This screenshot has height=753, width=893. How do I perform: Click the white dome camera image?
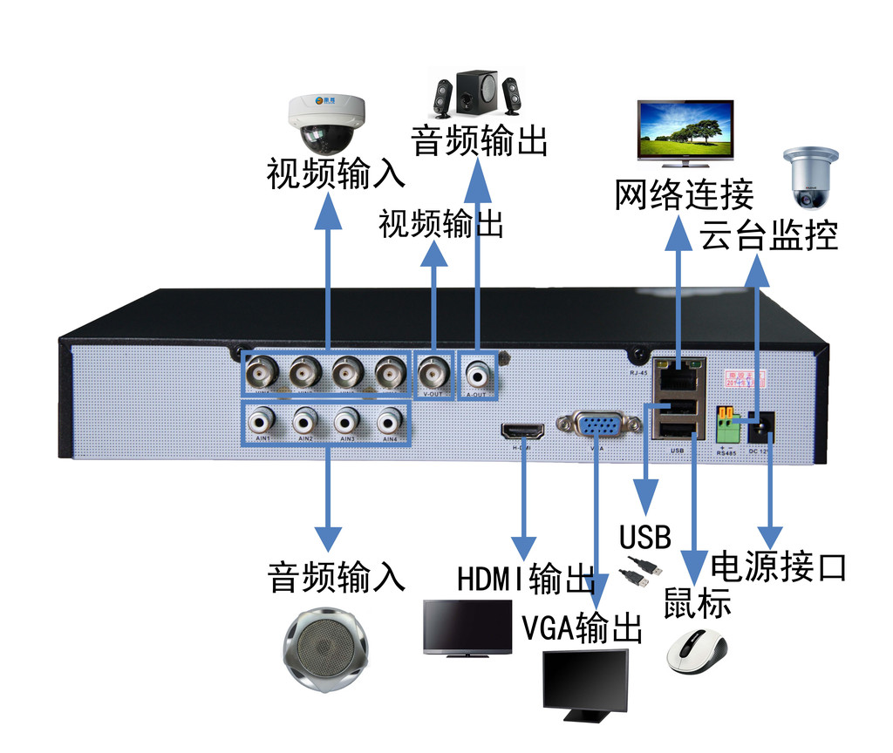[x=326, y=121]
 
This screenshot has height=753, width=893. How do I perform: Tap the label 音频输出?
[x=479, y=140]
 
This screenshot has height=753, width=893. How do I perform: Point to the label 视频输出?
[x=441, y=224]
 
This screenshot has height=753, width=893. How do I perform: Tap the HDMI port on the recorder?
[x=522, y=431]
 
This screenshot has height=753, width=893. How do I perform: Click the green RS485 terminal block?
[x=727, y=424]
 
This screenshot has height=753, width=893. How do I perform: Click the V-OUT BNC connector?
[x=433, y=374]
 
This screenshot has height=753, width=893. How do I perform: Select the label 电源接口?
[x=779, y=566]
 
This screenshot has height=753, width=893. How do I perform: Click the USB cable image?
[x=641, y=570]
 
